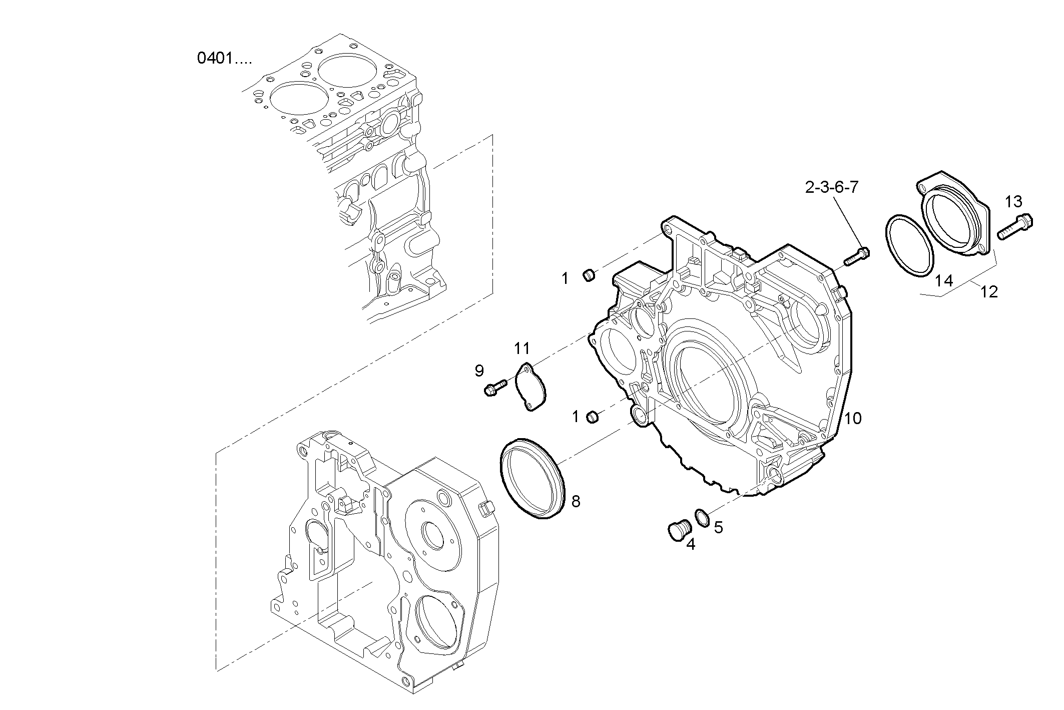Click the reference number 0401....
(x=224, y=59)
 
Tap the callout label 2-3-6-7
(x=832, y=187)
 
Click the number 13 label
(x=1013, y=202)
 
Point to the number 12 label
(x=989, y=292)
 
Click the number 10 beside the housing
(x=853, y=419)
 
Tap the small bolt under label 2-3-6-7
(x=857, y=256)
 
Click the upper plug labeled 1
(x=590, y=275)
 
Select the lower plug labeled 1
(x=593, y=417)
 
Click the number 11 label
(x=522, y=347)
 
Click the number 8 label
(x=576, y=501)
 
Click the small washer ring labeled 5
(x=702, y=517)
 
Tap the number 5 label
(x=718, y=527)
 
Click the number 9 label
(x=479, y=371)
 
